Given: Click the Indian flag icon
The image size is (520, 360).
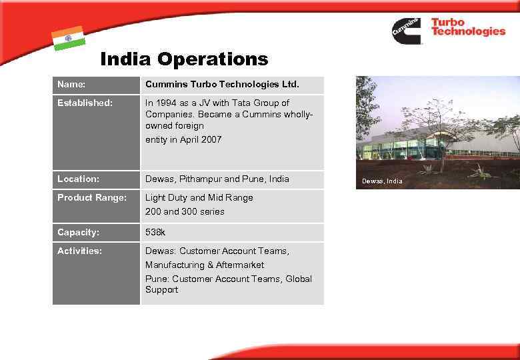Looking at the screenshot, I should coord(68,38).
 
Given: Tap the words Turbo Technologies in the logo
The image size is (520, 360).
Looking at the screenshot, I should coord(468,27).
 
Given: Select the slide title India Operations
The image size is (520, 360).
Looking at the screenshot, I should coord(184,59).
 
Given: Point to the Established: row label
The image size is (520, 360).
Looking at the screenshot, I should coord(85,103).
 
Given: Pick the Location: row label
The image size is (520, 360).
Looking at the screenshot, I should coord(79,179).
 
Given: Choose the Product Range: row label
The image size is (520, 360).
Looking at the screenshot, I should coord(91,198).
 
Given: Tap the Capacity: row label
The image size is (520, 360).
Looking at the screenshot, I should coord(79,233).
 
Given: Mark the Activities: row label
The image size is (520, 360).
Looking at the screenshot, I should coord(80,251).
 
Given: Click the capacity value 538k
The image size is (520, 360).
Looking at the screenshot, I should coord(156,233).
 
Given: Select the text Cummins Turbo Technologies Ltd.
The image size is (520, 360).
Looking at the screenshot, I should coord(223,85).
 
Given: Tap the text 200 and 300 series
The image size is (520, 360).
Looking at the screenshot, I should coord(185,212).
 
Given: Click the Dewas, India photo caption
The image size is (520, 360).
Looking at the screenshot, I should coord(382,181).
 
